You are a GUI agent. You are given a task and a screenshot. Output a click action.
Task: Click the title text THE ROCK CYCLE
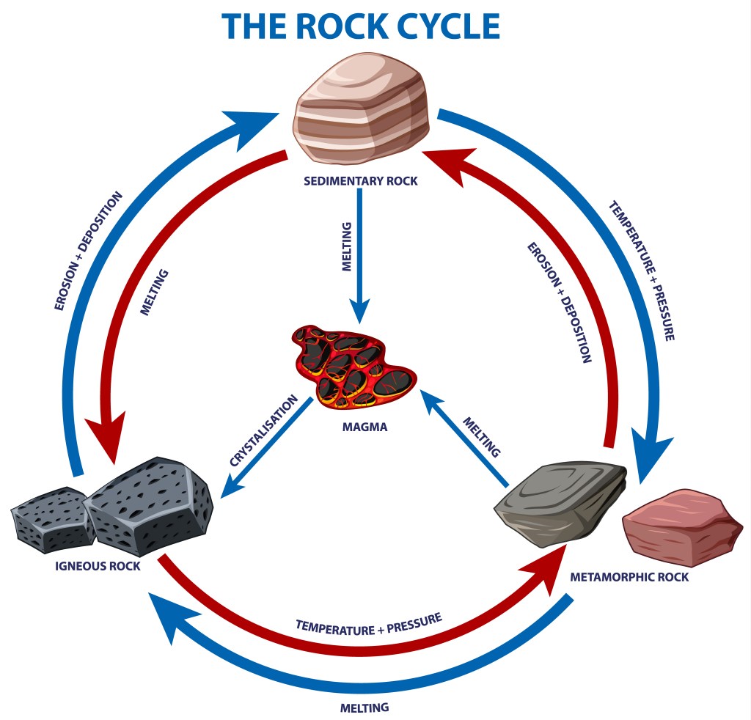coord(362,26)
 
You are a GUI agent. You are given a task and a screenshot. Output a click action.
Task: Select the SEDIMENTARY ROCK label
coord(361,180)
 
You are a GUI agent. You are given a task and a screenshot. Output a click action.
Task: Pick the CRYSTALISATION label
coord(263,431)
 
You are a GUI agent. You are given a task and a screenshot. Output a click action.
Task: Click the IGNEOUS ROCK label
coord(98,565)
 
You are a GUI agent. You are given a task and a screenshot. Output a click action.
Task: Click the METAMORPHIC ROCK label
coord(629,577)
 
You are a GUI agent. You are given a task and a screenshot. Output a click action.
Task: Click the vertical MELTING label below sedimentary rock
coord(347,247)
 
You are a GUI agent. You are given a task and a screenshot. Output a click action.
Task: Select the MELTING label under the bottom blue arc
coord(364,708)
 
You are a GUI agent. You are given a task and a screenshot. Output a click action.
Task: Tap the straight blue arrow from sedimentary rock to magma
coord(360,253)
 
